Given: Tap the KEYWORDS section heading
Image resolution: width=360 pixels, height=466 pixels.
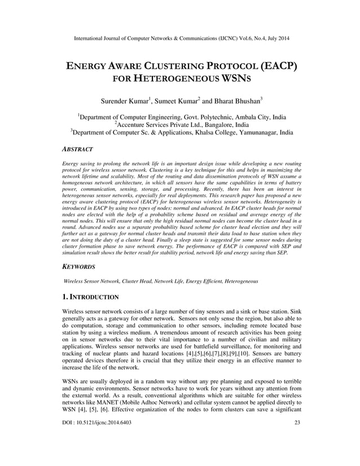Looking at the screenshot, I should [81, 266].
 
